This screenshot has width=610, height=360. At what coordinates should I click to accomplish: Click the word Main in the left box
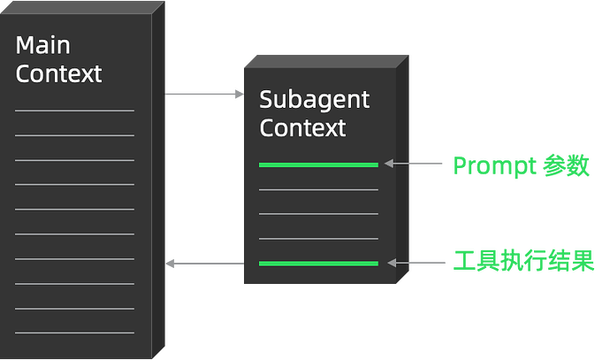(x=42, y=45)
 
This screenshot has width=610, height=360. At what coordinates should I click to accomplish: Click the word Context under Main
(x=59, y=73)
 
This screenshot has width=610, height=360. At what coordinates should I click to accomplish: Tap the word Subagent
(x=314, y=99)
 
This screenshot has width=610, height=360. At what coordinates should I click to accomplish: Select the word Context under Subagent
(x=302, y=127)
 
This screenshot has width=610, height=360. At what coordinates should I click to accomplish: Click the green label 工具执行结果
(x=522, y=263)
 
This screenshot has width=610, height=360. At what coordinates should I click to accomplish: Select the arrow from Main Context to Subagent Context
(x=204, y=94)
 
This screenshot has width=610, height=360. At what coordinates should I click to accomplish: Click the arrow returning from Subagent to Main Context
(x=204, y=264)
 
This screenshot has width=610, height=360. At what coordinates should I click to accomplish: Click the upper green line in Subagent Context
(x=318, y=165)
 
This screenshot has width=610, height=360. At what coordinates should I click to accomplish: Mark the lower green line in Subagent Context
(x=318, y=264)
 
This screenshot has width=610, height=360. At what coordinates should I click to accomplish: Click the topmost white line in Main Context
(x=74, y=111)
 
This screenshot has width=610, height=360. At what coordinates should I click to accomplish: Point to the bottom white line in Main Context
(x=74, y=333)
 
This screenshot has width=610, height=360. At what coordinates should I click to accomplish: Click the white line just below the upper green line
(x=318, y=189)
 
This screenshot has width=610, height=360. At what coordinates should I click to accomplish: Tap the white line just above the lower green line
(x=318, y=239)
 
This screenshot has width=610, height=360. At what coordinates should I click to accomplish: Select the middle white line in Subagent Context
(x=318, y=214)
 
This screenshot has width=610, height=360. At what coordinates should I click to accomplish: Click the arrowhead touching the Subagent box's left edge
(x=238, y=94)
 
